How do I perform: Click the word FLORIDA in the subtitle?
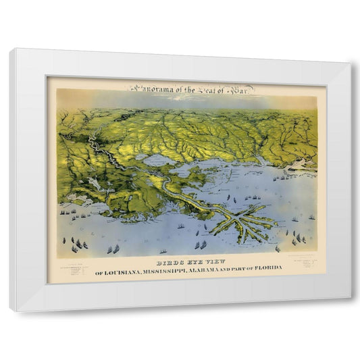pos(269,269)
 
